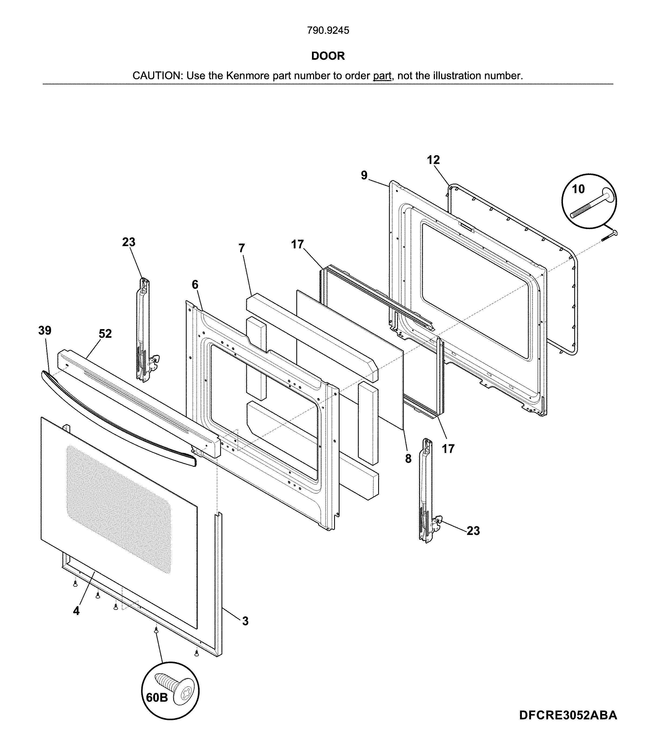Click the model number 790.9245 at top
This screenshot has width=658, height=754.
(x=328, y=31)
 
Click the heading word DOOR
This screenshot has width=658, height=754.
(x=328, y=56)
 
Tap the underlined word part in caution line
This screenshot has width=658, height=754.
(x=382, y=76)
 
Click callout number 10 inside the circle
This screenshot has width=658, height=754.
(x=578, y=189)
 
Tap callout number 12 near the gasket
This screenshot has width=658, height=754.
(x=433, y=160)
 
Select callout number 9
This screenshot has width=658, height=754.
(x=364, y=175)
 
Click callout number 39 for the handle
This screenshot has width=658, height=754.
(x=45, y=330)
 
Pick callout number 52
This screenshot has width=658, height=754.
(x=105, y=333)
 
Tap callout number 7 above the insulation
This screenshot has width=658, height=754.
(x=241, y=248)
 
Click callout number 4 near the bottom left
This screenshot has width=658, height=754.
(x=76, y=611)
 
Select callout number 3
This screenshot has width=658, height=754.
(x=245, y=621)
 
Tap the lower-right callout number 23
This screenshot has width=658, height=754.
(x=473, y=531)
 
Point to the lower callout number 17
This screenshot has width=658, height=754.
(x=448, y=449)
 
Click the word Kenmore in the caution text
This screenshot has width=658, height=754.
(x=248, y=76)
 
